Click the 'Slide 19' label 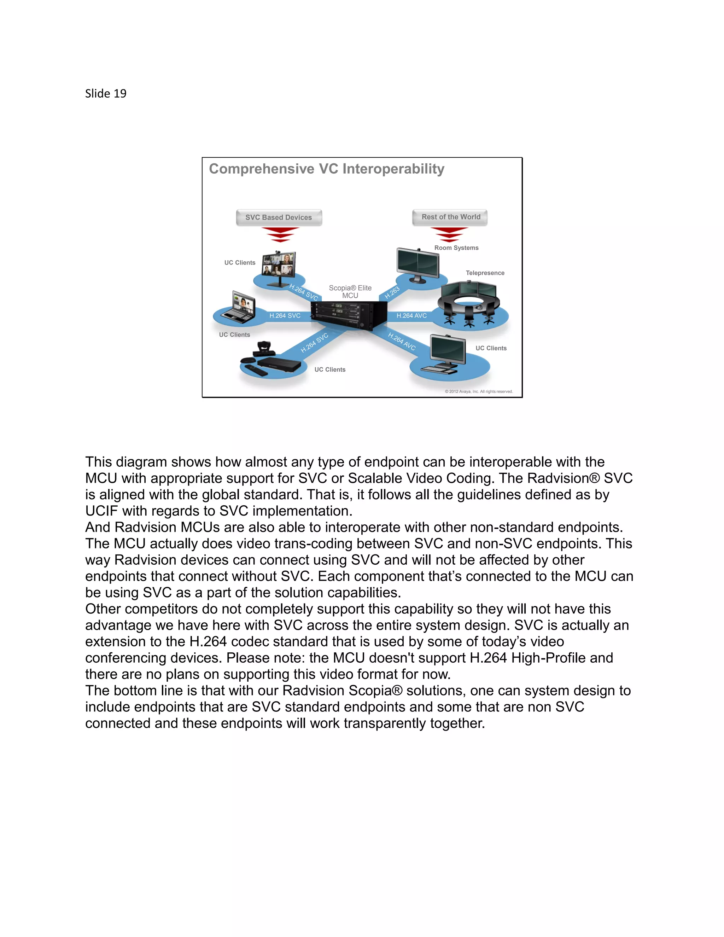105,94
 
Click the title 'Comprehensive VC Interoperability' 326,169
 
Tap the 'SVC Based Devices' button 279,217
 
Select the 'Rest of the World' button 450,217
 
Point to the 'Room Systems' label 456,248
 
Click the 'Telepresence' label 485,273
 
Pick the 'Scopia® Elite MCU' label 350,292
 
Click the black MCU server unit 348,316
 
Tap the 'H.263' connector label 392,292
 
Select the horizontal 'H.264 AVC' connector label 411,316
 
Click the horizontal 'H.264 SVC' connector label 285,316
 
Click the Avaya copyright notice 478,392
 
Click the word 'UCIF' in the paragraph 101,511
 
